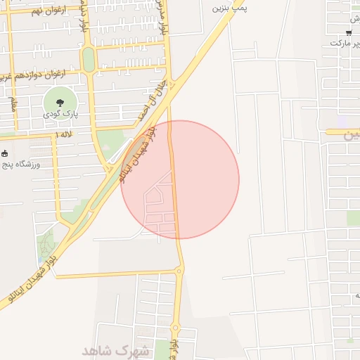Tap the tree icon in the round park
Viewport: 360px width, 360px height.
[58, 102]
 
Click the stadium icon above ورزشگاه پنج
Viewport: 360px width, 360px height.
[5, 153]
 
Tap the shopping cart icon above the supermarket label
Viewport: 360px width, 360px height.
[349, 32]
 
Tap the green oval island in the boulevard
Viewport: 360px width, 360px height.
[89, 59]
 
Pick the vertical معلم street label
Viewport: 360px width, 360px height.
[13, 104]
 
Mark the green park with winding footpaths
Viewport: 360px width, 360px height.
[46, 243]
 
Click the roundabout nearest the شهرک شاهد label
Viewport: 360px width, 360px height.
[176, 327]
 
